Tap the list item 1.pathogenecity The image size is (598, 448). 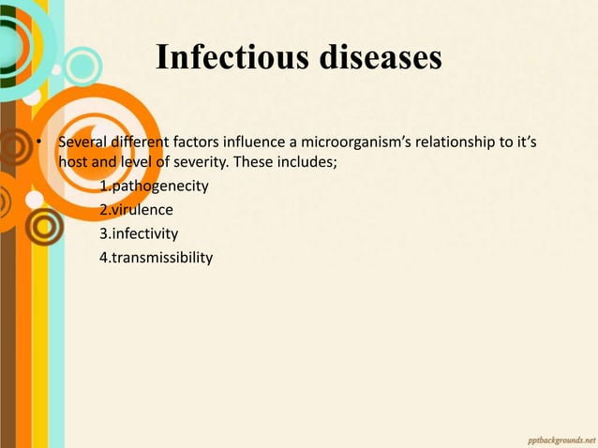click(x=154, y=186)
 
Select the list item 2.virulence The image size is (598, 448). click(x=136, y=209)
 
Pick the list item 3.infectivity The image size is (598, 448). click(x=139, y=232)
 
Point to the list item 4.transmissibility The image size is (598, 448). click(x=156, y=257)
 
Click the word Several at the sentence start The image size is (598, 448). click(x=81, y=143)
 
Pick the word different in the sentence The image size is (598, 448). click(x=139, y=143)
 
